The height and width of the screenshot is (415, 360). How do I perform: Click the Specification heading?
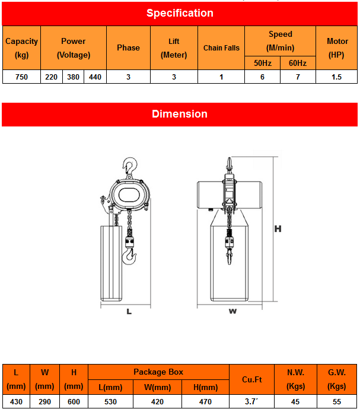click(180, 13)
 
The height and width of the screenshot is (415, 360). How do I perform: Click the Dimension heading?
click(180, 114)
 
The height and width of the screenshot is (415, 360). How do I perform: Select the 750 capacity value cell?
click(21, 77)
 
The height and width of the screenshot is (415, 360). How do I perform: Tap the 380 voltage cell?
click(74, 77)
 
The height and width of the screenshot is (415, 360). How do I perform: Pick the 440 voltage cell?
click(95, 77)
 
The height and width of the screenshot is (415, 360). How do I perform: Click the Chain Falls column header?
click(221, 48)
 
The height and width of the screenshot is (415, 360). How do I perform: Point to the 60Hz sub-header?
click(298, 63)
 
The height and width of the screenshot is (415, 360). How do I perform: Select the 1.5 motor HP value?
click(337, 77)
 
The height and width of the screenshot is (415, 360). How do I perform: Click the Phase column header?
click(128, 48)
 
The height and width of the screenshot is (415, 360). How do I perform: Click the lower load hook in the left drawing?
click(129, 256)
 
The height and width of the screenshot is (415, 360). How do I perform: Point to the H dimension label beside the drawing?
click(277, 229)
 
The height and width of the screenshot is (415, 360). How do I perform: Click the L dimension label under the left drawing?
click(129, 311)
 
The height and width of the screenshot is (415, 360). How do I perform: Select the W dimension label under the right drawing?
click(232, 311)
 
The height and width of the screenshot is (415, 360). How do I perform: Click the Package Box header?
click(158, 372)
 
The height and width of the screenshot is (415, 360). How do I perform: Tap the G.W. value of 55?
click(337, 402)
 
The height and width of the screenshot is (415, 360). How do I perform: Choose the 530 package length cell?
click(111, 402)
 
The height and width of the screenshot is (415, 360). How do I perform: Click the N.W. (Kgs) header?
click(295, 379)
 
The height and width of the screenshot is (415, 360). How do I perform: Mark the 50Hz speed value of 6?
click(262, 77)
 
